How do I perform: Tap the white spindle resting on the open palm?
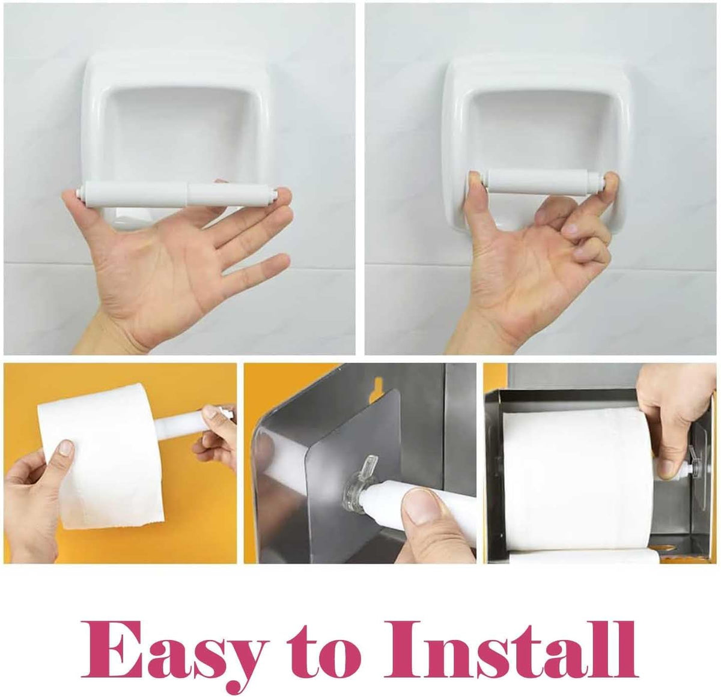[x=177, y=196]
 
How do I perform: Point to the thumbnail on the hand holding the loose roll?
[x=67, y=447]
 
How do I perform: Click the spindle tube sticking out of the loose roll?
[x=189, y=423]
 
